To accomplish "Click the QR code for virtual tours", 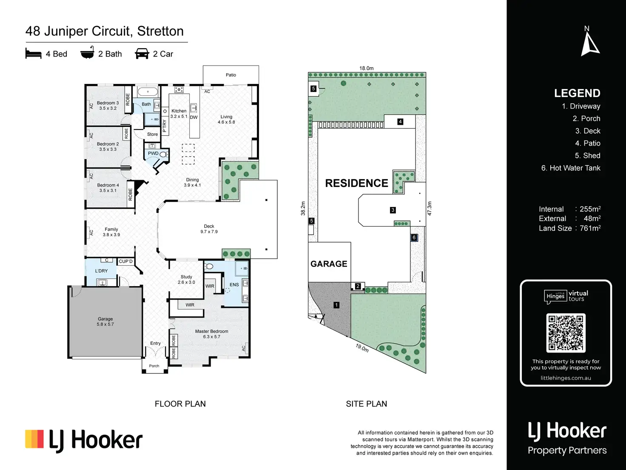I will [x=566, y=332].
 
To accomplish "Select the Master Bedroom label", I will [x=211, y=332].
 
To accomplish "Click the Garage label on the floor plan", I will [x=105, y=319].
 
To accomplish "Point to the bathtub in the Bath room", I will [x=148, y=92].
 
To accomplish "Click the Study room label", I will [x=186, y=277].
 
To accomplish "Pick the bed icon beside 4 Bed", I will [x=33, y=54].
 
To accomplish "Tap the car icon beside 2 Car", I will [x=142, y=54].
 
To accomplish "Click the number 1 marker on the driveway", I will [x=336, y=305].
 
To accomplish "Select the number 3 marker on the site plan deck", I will [x=393, y=210].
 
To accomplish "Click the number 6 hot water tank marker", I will [x=414, y=238].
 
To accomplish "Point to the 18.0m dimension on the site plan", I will [x=366, y=68].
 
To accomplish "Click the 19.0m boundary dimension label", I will [x=362, y=348].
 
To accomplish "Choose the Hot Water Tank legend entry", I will [x=571, y=168].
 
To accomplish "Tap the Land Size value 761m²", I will [x=590, y=228].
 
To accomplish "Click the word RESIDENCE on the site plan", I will [x=356, y=183].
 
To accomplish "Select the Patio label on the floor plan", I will [x=231, y=75].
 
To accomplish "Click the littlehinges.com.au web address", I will [x=566, y=378].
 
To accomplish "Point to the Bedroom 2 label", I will [x=108, y=144].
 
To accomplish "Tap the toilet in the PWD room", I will [x=163, y=155].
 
